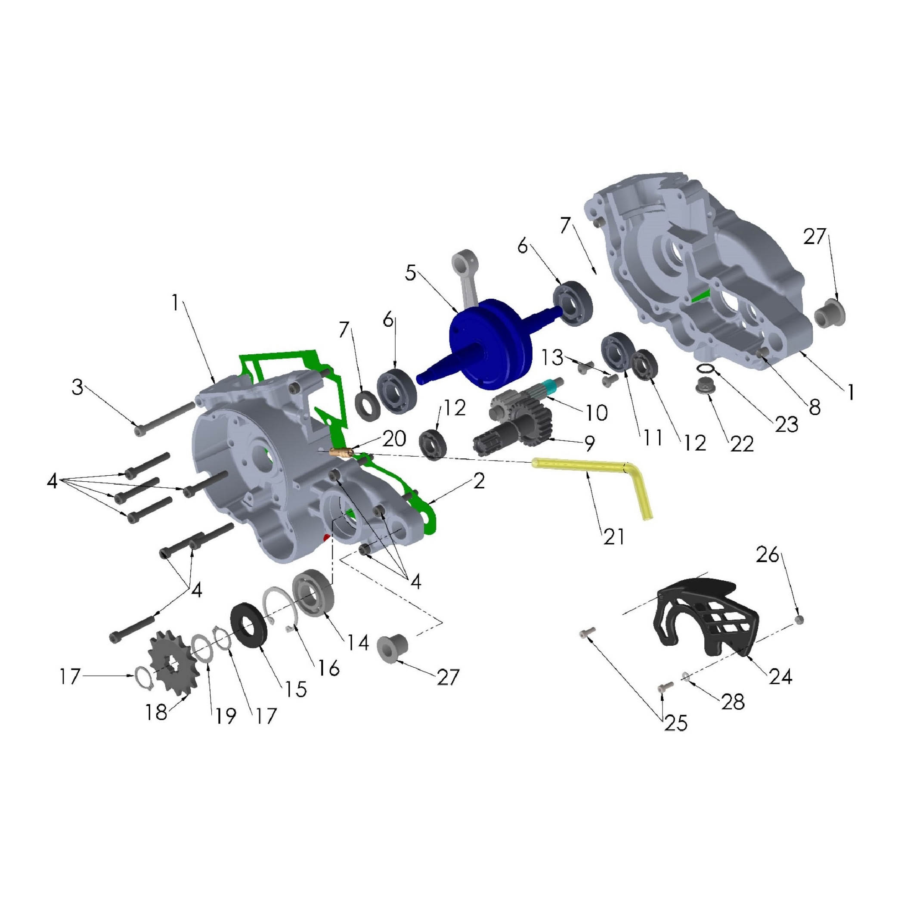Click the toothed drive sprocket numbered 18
pyautogui.click(x=173, y=664)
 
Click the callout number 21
pyautogui.click(x=614, y=537)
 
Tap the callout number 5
pyautogui.click(x=410, y=273)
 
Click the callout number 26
pyautogui.click(x=768, y=555)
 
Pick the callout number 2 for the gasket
pyautogui.click(x=479, y=481)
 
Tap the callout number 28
pyautogui.click(x=733, y=702)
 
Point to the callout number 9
pyautogui.click(x=589, y=443)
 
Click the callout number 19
pyautogui.click(x=225, y=716)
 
